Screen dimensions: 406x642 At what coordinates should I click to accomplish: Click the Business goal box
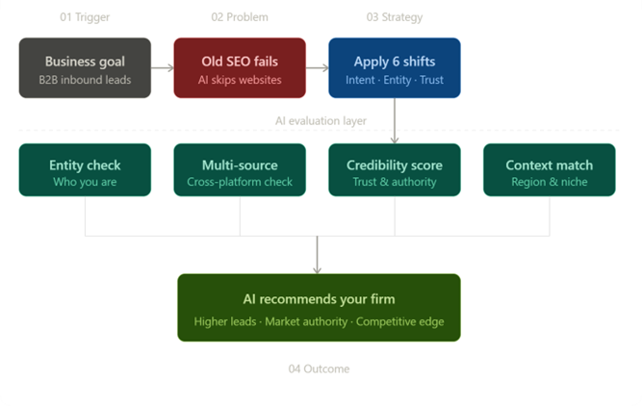tap(85, 68)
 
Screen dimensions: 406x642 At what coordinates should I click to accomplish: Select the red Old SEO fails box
tap(240, 68)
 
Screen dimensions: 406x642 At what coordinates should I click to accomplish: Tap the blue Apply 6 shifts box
tap(394, 68)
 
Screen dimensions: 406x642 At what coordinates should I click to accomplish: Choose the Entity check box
tap(85, 170)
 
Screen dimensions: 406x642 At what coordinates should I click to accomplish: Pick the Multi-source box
tap(240, 170)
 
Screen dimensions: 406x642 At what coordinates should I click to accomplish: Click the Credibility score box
tap(394, 170)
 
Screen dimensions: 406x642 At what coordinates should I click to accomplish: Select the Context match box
tap(549, 170)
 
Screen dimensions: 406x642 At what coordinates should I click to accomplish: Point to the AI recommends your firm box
tap(319, 308)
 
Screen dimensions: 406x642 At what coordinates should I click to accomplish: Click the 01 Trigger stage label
tap(85, 17)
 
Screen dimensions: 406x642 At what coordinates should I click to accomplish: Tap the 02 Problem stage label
tap(240, 17)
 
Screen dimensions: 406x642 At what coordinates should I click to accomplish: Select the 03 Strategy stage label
tap(394, 17)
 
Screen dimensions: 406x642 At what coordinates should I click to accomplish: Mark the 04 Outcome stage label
tap(319, 369)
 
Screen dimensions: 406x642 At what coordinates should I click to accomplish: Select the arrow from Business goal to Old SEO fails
tap(162, 68)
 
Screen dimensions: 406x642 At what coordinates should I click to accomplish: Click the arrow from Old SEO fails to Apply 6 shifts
tap(317, 68)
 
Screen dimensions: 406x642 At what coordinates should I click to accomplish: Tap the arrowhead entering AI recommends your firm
tap(318, 269)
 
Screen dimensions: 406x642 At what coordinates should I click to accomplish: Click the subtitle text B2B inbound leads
tap(85, 80)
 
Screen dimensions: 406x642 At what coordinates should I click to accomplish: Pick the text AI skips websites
tap(240, 80)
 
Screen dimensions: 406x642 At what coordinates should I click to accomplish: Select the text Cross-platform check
tap(240, 182)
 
